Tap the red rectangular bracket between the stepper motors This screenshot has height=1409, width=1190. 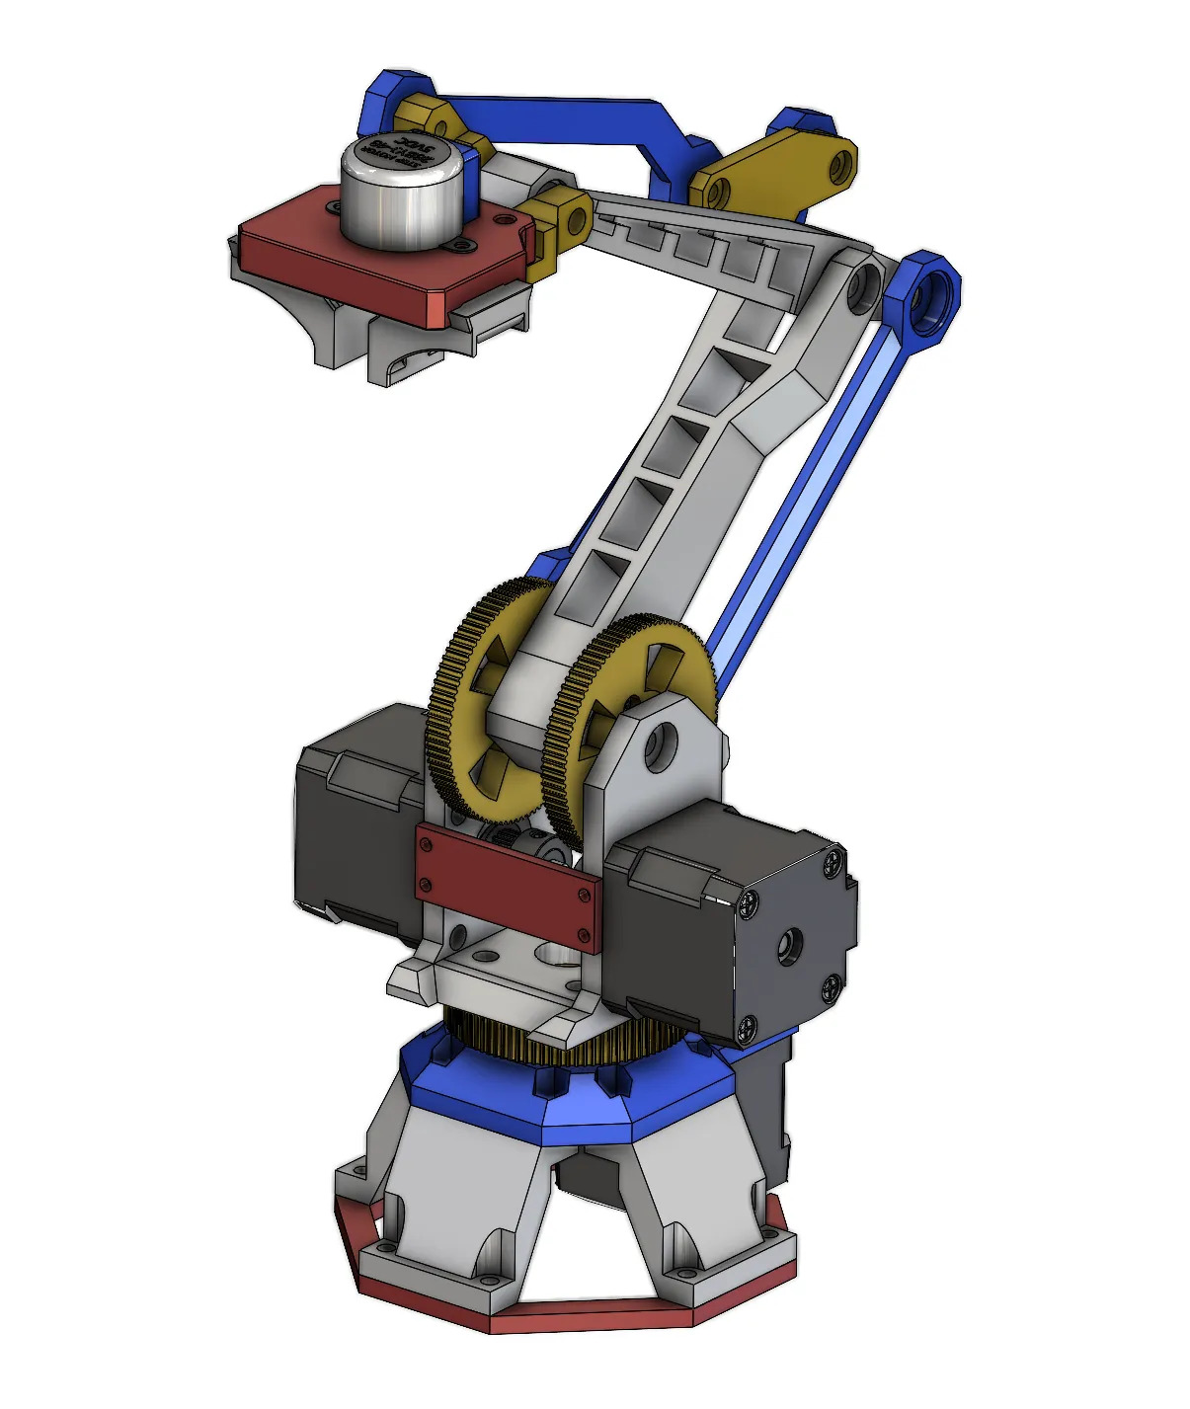tap(506, 886)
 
